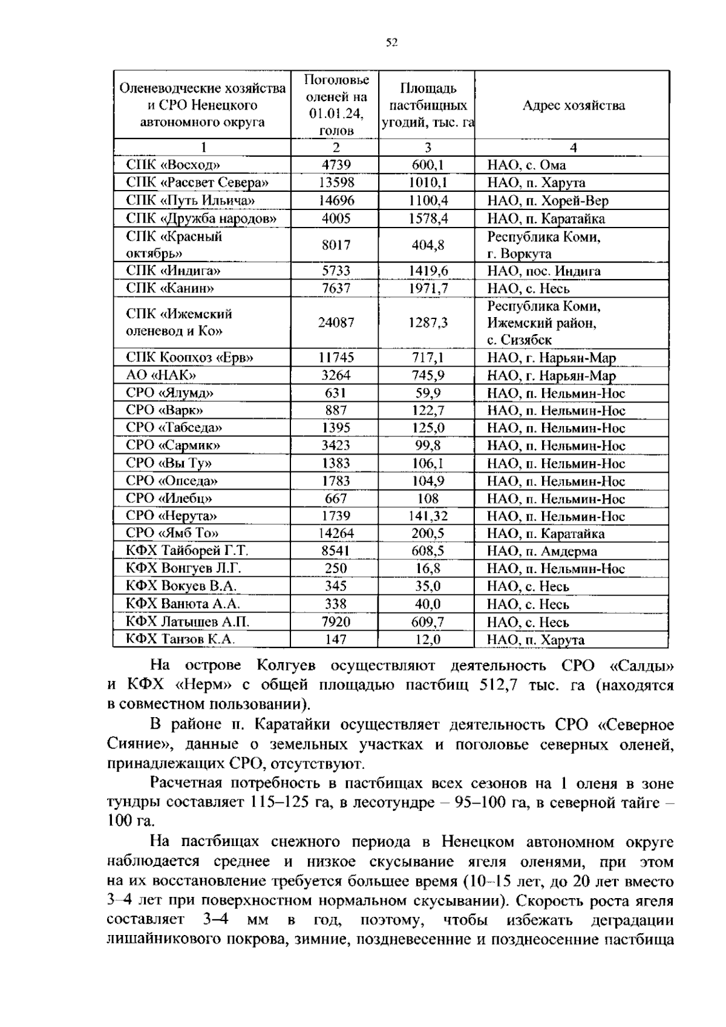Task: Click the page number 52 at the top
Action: tap(391, 42)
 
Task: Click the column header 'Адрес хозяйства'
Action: tap(573, 106)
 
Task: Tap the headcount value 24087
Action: tap(336, 323)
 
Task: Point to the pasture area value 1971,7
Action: tap(428, 289)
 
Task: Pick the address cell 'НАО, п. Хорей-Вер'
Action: tap(548, 201)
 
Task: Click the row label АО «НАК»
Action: tap(161, 376)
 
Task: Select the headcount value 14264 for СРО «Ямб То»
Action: tap(336, 534)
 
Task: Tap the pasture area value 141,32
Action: tap(428, 516)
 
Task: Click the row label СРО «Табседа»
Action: tap(174, 428)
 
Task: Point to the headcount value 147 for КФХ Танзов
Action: tap(336, 640)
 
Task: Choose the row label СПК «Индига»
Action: tap(173, 271)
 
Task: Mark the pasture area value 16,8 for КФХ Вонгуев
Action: tap(428, 569)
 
